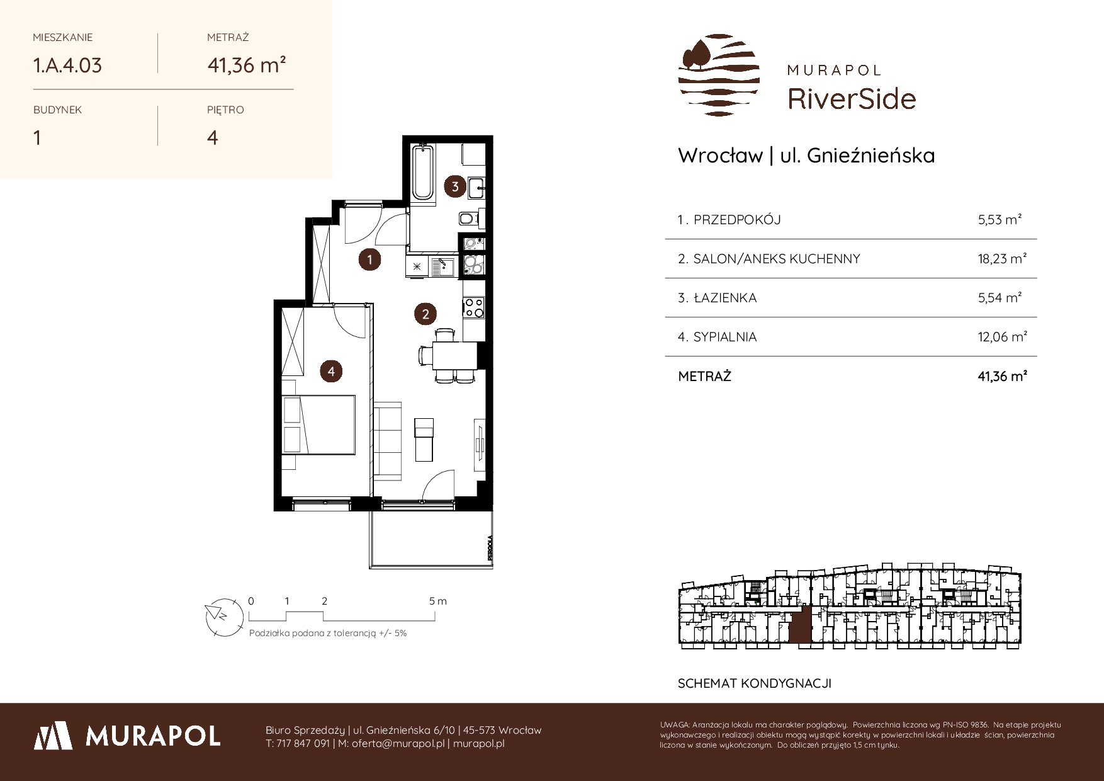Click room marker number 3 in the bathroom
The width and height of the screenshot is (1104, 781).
click(x=455, y=186)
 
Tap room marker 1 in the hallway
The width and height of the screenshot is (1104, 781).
click(x=369, y=259)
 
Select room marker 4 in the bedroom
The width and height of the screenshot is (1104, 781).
click(x=331, y=372)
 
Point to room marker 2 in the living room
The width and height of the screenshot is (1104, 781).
click(x=425, y=314)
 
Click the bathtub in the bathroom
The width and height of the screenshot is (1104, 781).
click(x=422, y=172)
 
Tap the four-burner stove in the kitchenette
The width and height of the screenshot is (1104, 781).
click(x=473, y=308)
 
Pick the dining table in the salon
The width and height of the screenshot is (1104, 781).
click(x=454, y=356)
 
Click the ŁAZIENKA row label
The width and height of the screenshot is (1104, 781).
click(x=724, y=298)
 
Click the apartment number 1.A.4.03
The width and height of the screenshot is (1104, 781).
click(x=67, y=66)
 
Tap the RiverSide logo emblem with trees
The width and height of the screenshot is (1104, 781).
click(x=719, y=75)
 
